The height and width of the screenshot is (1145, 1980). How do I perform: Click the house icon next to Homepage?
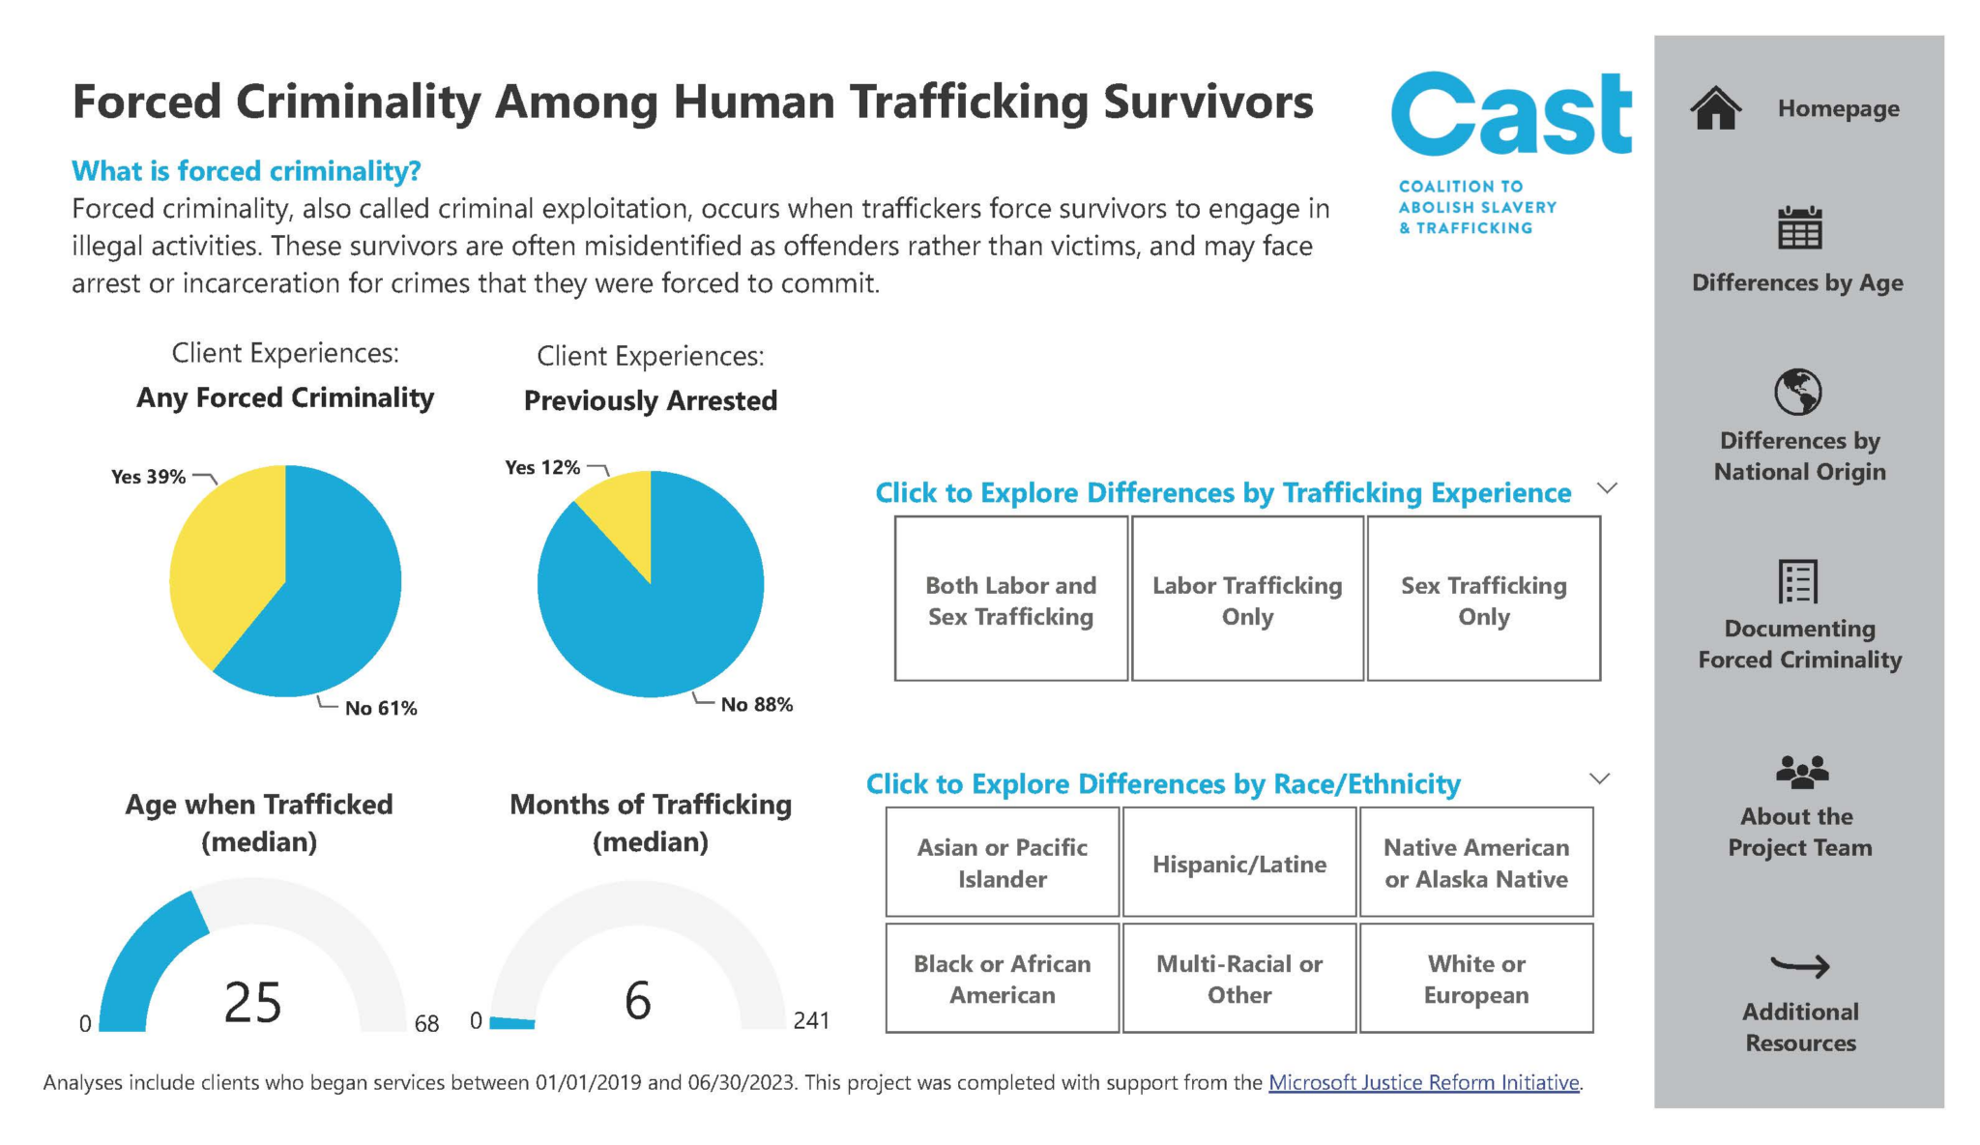[1716, 108]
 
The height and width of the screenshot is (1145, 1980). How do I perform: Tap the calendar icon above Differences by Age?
[1799, 228]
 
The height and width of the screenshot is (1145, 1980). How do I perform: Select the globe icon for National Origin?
[1798, 393]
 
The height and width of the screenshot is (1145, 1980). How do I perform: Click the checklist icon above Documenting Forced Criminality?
[1798, 581]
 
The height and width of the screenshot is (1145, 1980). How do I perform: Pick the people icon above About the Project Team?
[1801, 771]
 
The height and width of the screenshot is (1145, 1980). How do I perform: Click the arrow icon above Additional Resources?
[1799, 965]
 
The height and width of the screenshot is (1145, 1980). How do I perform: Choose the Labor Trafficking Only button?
[1247, 600]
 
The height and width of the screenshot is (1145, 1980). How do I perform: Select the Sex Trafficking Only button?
[1483, 600]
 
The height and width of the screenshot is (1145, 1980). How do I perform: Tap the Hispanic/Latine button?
[1238, 864]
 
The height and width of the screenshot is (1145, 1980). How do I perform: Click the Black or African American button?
[1002, 979]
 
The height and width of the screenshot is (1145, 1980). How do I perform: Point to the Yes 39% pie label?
[148, 477]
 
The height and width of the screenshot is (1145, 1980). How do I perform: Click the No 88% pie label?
[756, 705]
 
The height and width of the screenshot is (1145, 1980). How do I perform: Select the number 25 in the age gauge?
[252, 1002]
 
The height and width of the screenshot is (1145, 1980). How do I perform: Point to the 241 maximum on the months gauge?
[810, 1021]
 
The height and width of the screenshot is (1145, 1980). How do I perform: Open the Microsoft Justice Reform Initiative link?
[1423, 1083]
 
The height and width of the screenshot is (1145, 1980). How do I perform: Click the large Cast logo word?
[1511, 114]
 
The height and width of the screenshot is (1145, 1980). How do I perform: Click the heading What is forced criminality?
[247, 171]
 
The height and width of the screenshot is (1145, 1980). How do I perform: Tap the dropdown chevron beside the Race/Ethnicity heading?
[1600, 778]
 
